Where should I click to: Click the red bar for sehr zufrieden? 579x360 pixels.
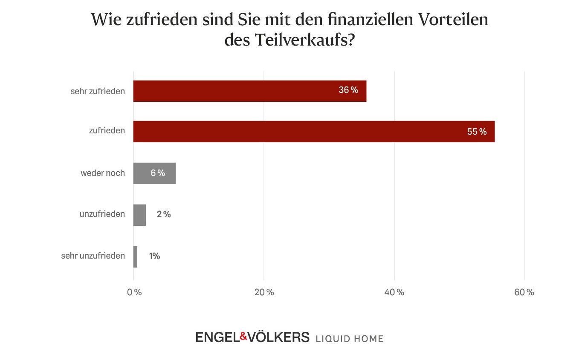point(249,91)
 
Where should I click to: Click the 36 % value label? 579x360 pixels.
point(348,90)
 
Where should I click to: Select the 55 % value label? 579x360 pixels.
point(476,132)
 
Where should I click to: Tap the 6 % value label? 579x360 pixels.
point(157,173)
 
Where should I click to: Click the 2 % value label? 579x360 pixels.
point(164,214)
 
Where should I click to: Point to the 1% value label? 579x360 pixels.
point(154,256)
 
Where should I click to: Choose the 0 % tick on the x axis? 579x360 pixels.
point(134,292)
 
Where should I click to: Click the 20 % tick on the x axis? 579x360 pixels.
point(264,292)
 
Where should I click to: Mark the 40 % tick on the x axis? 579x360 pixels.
point(394,292)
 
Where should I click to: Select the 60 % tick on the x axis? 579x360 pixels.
point(524,292)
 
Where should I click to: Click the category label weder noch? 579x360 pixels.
point(103,173)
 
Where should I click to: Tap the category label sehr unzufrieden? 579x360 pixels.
point(93,256)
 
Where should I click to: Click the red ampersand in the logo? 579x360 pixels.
point(243,337)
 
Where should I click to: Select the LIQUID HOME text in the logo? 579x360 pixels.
point(349,339)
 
